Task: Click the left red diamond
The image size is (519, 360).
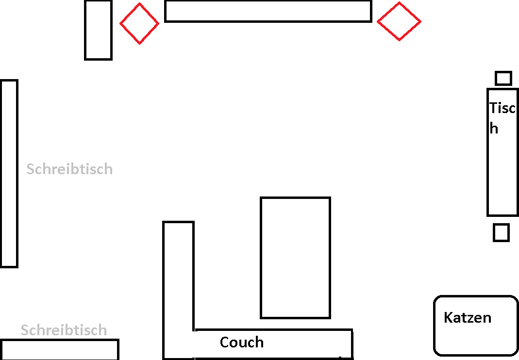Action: click(139, 23)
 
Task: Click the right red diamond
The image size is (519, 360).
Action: click(399, 21)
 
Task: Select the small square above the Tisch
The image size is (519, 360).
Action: click(503, 78)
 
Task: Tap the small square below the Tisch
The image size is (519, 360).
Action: click(501, 232)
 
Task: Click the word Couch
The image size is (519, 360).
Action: click(242, 342)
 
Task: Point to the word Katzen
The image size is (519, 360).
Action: click(468, 318)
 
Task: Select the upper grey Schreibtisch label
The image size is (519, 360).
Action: click(69, 169)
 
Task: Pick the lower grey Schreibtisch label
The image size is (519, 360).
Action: click(64, 330)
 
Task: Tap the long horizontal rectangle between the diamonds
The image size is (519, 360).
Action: click(268, 11)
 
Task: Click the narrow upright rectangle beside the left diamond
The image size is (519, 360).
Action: click(98, 30)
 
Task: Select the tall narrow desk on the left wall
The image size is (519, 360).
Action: click(9, 173)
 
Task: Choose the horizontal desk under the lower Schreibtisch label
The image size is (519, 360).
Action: click(59, 349)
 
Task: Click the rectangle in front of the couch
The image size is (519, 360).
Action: click(295, 258)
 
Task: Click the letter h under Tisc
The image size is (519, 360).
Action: click(494, 129)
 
